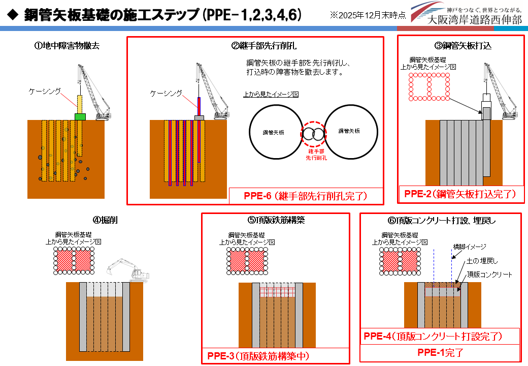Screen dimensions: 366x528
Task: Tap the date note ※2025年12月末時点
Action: (x=367, y=15)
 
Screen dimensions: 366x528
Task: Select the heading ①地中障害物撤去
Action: (x=67, y=46)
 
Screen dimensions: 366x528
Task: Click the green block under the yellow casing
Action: (x=80, y=116)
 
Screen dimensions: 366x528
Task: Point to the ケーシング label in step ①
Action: (x=45, y=91)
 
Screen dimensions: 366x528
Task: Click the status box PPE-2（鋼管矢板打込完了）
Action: (x=460, y=194)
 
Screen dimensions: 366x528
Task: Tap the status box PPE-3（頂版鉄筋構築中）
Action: (x=258, y=356)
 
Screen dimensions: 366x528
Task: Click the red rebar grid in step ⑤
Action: (x=277, y=292)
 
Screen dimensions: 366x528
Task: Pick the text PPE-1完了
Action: (x=441, y=352)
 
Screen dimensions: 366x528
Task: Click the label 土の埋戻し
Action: (x=482, y=261)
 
